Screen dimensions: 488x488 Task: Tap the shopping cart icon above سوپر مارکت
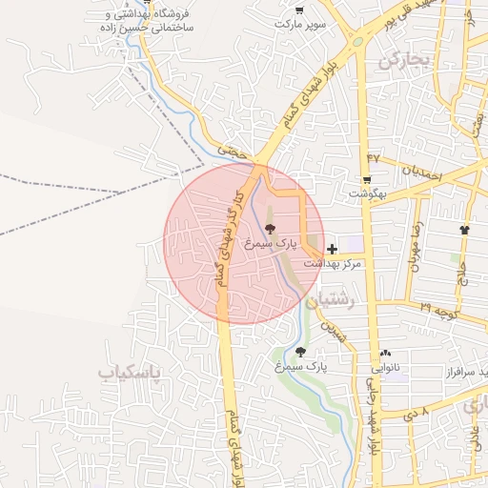[299, 10]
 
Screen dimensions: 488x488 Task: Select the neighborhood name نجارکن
[405, 61]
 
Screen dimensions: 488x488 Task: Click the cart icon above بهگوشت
[367, 179]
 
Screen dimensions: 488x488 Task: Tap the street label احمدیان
[419, 173]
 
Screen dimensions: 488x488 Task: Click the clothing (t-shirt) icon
[464, 230]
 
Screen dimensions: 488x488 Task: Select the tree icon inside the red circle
[269, 229]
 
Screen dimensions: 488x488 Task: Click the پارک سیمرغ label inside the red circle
[266, 243]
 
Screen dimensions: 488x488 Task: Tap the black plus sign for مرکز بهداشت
[331, 248]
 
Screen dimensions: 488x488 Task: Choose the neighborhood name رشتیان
[338, 298]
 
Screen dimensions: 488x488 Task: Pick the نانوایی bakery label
[384, 366]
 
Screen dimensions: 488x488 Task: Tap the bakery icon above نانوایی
[385, 353]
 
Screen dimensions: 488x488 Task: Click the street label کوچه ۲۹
[441, 310]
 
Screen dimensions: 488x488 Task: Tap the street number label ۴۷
[373, 156]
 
